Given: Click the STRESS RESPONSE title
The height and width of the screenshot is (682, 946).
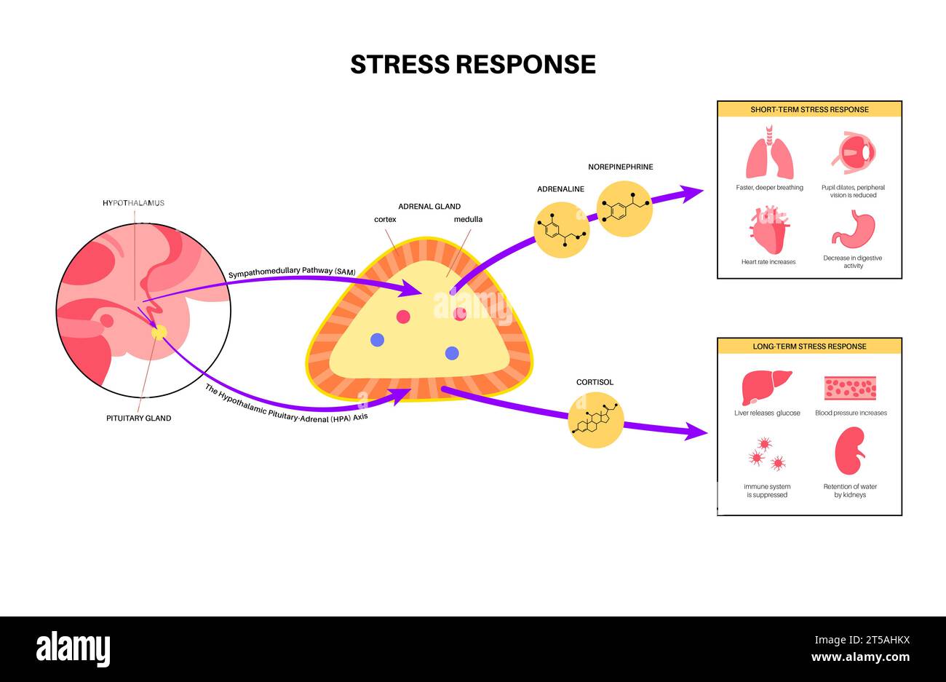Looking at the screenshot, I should pos(472,64).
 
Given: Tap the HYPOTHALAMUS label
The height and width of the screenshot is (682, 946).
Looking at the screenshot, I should pos(133,202).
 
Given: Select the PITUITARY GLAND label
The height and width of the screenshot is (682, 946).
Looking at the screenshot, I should pos(138,418).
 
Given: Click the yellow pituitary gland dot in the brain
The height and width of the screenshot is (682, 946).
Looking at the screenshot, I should pos(159,333).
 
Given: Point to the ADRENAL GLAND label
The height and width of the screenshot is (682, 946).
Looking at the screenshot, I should pos(429,206).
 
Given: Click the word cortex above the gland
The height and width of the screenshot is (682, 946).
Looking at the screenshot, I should pos(385,219).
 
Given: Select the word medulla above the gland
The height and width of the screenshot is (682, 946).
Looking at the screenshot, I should pos(468,219).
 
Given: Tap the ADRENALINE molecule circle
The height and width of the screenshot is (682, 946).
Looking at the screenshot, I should pos(561,230).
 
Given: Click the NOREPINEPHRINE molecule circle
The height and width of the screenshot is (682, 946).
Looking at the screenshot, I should pos(624,209).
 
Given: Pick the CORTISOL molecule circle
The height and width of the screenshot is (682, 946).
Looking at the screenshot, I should pos(596,420).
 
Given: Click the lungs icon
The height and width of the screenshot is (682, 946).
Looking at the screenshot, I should pos(769,153).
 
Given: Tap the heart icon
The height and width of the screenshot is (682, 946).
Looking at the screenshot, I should pos(768,230).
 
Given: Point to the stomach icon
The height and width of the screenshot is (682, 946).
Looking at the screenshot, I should pos(853,230).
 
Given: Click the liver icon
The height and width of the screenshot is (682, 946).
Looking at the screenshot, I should pos(766,387).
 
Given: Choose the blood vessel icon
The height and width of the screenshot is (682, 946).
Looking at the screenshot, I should pos(850,388).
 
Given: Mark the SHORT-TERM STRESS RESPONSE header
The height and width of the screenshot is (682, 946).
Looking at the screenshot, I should pos(809,110).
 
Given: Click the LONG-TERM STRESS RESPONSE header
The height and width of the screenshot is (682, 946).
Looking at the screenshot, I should pos(809,346).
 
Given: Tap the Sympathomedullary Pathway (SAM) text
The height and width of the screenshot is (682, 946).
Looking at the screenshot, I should pos(292,272).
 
